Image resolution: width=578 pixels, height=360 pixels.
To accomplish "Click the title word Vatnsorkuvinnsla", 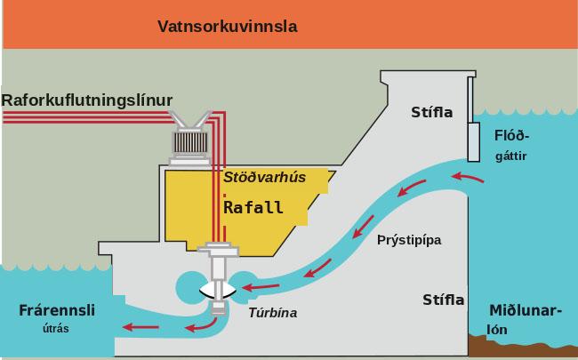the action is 228,27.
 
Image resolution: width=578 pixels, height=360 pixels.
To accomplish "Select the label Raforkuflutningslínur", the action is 87,100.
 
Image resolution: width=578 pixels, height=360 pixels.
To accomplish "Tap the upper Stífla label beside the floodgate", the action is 431,112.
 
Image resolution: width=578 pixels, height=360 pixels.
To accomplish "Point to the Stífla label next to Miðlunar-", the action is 444,300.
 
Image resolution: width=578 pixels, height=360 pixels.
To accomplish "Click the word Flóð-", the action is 511,136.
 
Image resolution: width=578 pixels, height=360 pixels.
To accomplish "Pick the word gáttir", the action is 511,156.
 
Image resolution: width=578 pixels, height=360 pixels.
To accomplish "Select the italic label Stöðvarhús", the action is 265,177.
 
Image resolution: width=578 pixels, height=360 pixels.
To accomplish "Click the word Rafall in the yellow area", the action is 253,207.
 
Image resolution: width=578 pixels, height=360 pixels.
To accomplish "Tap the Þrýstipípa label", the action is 409,241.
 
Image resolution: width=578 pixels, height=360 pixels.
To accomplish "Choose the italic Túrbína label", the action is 273,313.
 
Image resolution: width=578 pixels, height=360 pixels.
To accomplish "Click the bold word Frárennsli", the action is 57,310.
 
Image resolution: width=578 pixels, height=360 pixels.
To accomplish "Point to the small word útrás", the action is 56,328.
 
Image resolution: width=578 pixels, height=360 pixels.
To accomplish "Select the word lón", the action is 497,330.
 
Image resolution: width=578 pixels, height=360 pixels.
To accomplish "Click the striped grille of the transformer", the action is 190,142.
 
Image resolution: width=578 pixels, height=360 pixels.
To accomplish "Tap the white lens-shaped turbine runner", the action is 218,291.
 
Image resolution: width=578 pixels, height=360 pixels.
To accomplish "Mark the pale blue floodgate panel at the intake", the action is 474,142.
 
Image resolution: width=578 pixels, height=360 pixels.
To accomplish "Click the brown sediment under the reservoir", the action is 523,345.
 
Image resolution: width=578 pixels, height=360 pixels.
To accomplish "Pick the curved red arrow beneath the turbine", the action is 201,324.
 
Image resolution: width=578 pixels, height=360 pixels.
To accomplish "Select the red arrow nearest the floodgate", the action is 468,177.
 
